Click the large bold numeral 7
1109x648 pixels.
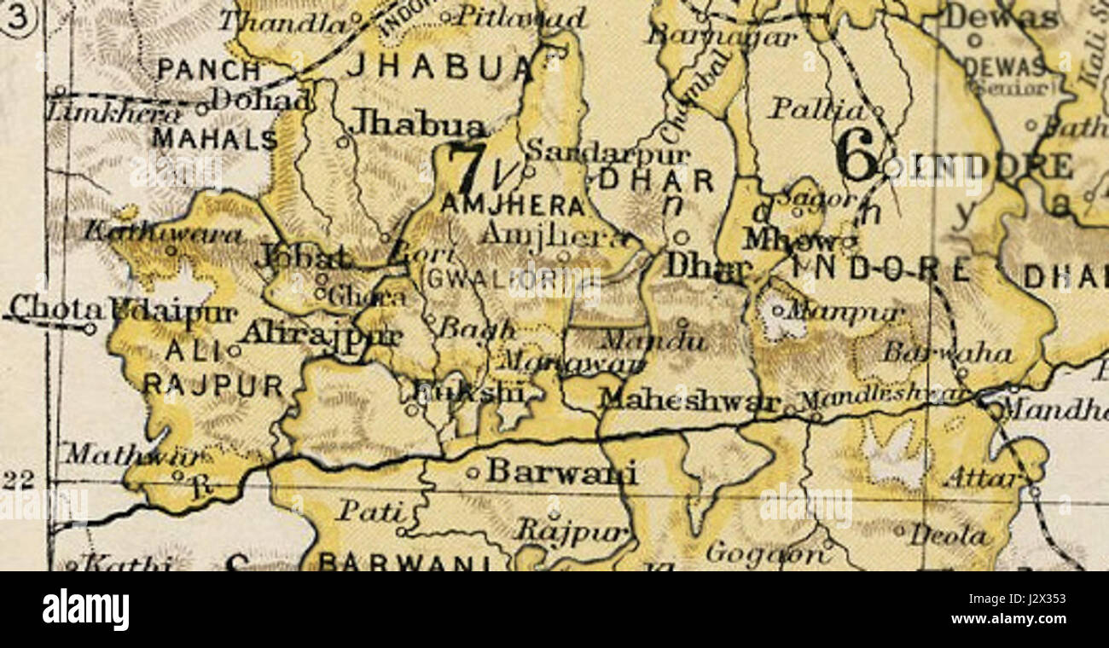(467, 168)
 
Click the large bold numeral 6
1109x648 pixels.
(856, 156)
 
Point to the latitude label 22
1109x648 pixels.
(18, 481)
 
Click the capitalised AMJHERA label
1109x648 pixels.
(513, 205)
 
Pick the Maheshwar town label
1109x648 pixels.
(689, 399)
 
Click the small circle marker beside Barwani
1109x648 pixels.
(473, 472)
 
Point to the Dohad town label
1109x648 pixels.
(261, 101)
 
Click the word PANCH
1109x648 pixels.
(208, 71)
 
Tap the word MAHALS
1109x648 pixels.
(214, 138)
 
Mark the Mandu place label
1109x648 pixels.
(653, 342)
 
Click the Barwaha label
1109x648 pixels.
(947, 352)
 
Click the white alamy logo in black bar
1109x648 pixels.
(85, 610)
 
